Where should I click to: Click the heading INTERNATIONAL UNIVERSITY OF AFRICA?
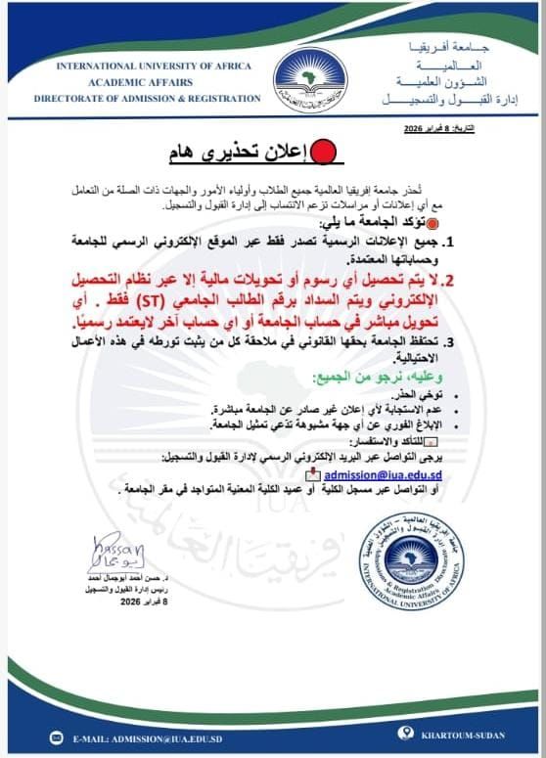click(x=154, y=66)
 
